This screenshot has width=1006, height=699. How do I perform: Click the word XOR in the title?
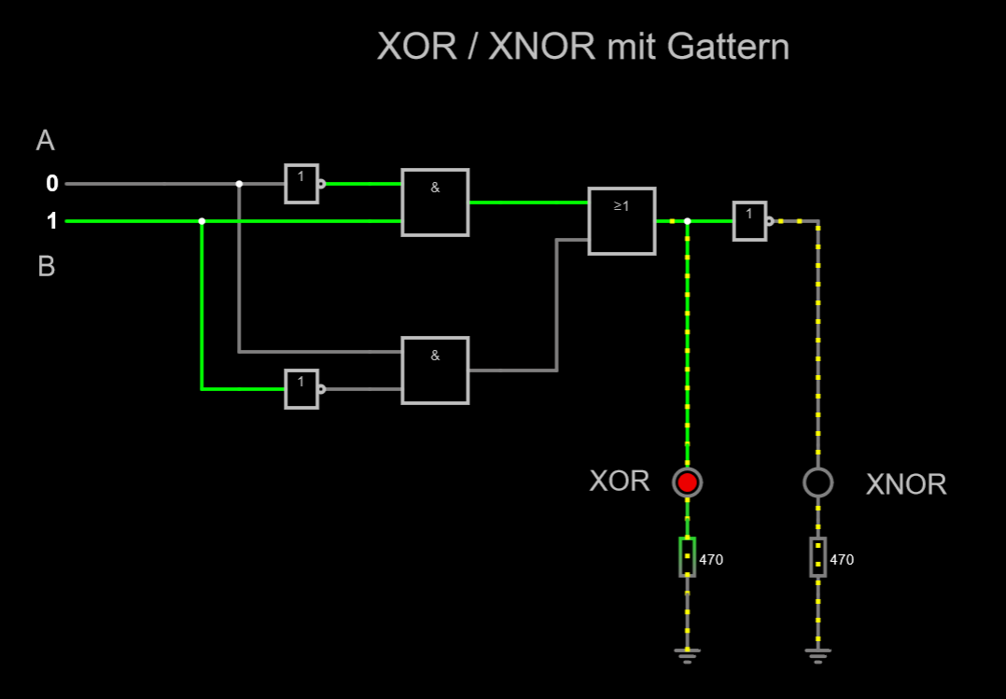click(x=416, y=47)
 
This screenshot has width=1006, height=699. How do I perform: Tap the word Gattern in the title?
click(x=728, y=47)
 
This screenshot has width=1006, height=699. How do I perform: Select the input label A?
click(x=45, y=140)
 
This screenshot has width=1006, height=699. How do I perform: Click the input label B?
click(x=47, y=266)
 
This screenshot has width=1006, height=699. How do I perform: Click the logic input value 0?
click(x=52, y=184)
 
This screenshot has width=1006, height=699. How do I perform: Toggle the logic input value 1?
click(x=52, y=221)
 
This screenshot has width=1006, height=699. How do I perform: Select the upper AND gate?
click(x=435, y=203)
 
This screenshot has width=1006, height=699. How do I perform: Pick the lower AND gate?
click(x=435, y=370)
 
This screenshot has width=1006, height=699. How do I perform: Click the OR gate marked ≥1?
click(x=622, y=221)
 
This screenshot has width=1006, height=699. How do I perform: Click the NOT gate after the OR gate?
click(x=752, y=221)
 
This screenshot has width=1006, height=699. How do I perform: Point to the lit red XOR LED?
click(x=687, y=482)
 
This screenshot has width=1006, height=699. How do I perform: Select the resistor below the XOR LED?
click(x=687, y=556)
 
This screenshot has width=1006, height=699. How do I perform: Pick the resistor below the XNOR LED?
click(x=818, y=556)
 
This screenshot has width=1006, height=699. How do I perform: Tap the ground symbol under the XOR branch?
click(x=687, y=655)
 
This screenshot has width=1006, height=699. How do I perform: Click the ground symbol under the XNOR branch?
click(x=818, y=655)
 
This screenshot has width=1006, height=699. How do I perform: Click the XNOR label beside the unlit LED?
click(x=906, y=484)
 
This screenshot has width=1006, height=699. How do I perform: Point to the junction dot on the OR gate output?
click(x=687, y=221)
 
